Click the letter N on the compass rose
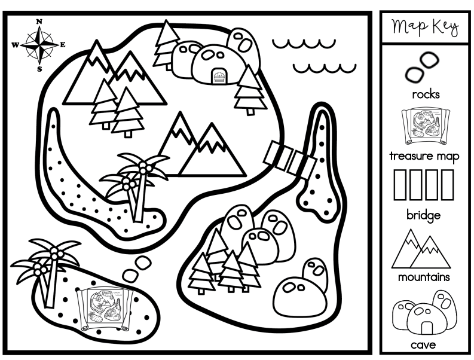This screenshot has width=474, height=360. pos(39,22)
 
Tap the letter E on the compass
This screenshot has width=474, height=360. pos(63,45)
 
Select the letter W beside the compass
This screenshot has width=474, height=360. pos(15,45)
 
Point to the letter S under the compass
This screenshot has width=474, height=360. pos(39,69)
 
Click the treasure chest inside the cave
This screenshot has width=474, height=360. pos(219,75)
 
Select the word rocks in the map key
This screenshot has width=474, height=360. pos(426,94)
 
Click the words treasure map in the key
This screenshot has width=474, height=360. pos(424,156)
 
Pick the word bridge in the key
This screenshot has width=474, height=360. pos(423,215)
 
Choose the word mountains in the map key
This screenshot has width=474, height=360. pos(424,277)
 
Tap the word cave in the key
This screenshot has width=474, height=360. pos(423,345)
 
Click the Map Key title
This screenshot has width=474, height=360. pos(425,28)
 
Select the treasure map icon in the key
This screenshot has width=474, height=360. pos(426,126)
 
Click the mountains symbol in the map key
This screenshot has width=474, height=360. pos(421,249)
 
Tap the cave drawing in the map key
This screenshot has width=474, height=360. pos(424,315)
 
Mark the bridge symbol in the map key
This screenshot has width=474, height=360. pos(424,185)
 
